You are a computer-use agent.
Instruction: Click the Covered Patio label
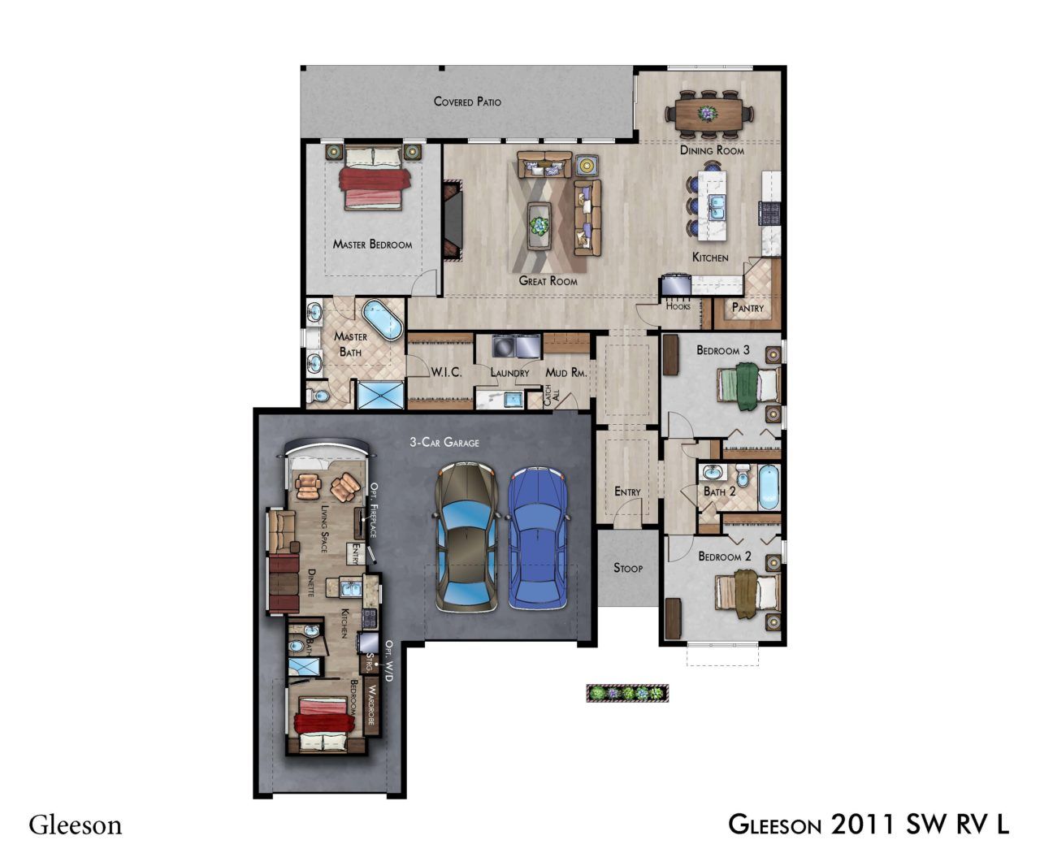467,102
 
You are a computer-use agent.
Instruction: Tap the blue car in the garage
537,539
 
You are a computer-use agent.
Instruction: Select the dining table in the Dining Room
709,114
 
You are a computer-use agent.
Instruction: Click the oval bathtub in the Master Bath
382,319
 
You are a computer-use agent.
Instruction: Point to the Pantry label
747,308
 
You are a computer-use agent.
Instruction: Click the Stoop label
628,568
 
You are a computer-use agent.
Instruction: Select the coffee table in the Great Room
539,225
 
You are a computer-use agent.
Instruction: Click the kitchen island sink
716,207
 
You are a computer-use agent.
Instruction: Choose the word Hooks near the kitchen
678,306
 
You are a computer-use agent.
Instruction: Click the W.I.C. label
446,372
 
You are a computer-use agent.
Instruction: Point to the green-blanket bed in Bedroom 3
747,387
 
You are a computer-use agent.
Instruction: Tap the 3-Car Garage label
444,442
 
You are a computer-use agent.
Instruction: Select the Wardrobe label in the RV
371,705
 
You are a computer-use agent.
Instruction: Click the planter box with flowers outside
627,693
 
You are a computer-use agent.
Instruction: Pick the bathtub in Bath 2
769,487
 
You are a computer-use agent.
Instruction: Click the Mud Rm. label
566,373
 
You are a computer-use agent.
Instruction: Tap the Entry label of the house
627,491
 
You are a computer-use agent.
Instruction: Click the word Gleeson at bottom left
75,825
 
